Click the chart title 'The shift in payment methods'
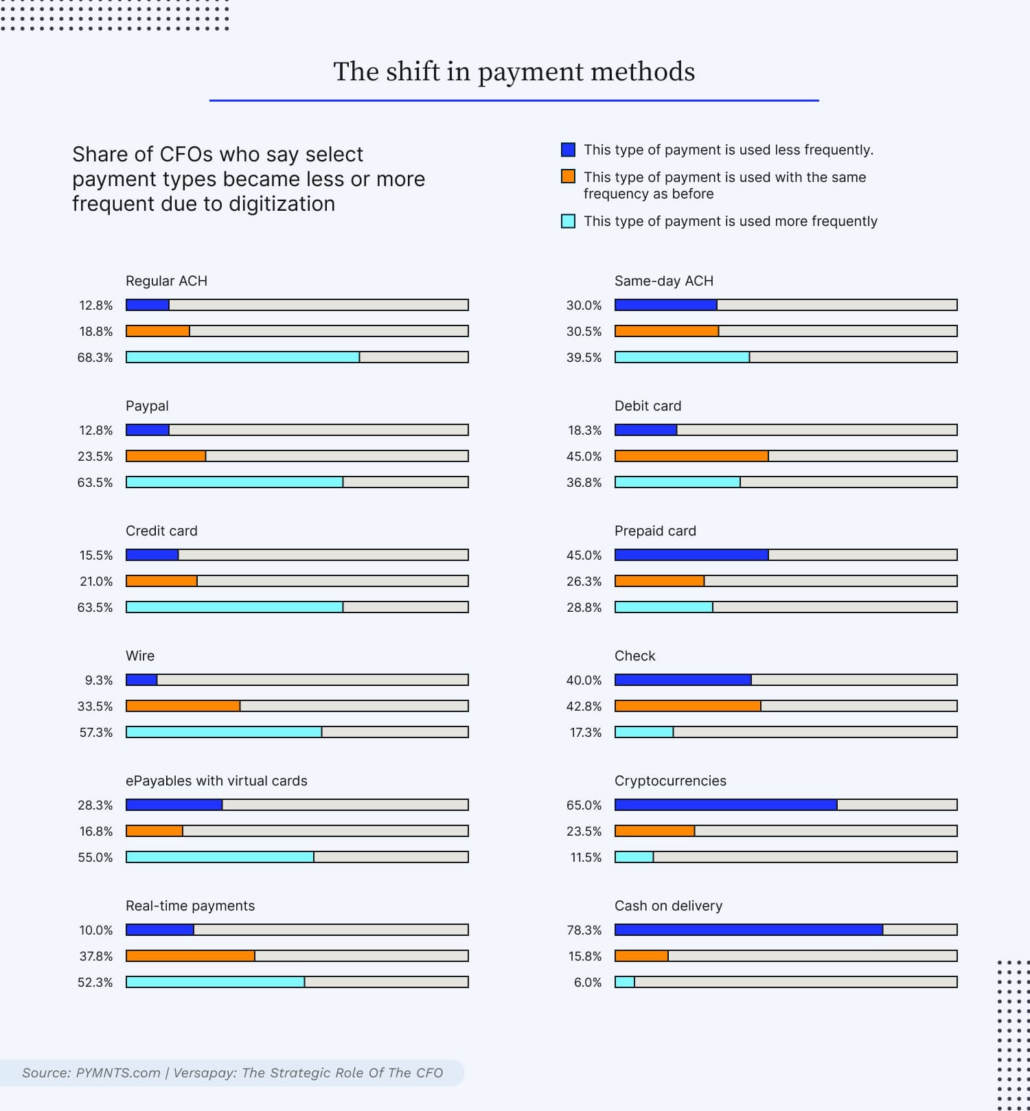point(514,71)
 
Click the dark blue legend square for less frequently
point(568,150)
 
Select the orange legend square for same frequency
point(568,176)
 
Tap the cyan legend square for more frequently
point(568,221)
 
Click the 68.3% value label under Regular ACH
point(95,358)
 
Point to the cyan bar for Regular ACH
point(242,357)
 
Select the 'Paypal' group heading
point(147,406)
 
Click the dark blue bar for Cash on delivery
point(748,930)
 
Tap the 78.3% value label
point(584,930)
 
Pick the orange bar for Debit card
point(691,456)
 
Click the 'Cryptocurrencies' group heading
point(670,781)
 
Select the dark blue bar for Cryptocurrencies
point(726,805)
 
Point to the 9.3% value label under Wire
point(99,680)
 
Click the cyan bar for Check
point(644,732)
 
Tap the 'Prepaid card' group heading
point(655,531)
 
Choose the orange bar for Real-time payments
point(190,956)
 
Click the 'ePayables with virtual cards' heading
point(216,781)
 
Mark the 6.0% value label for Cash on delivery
point(588,983)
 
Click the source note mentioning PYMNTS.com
point(232,1073)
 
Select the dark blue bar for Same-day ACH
point(666,305)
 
